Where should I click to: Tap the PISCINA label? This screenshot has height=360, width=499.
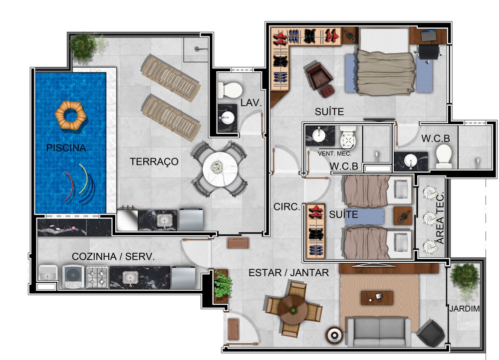66,148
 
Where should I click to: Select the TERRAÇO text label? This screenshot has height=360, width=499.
154,162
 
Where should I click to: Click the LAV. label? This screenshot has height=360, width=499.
251,103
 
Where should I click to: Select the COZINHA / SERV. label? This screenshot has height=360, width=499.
113,256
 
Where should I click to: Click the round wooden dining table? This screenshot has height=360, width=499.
293,309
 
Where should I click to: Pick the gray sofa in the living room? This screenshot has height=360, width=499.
379,331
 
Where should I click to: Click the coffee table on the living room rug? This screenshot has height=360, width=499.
377,298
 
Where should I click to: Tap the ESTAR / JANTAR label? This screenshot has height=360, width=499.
288,273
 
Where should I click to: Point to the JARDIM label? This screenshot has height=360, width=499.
464,309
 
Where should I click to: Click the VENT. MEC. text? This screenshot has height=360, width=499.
335,154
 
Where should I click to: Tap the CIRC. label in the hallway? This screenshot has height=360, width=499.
287,207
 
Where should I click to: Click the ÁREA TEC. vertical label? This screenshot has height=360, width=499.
441,218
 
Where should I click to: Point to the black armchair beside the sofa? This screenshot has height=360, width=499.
431,332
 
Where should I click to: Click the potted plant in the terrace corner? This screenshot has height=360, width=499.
83,46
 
